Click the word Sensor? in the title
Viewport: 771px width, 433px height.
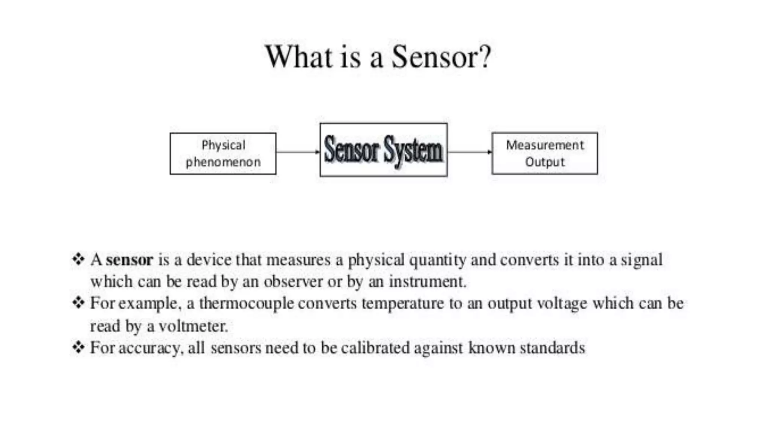click(x=441, y=57)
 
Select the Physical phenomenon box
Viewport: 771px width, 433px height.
click(x=223, y=153)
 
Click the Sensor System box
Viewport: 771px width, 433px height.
click(x=383, y=150)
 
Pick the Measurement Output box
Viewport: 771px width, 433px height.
click(x=544, y=153)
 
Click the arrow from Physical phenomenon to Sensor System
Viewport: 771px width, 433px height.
click(x=298, y=152)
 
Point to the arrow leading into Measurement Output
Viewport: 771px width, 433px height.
click(x=469, y=152)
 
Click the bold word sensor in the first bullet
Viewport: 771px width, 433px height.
click(x=129, y=260)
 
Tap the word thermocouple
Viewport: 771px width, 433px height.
click(x=246, y=303)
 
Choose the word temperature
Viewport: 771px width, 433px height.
click(x=403, y=303)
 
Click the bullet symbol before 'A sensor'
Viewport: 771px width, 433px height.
click(x=78, y=259)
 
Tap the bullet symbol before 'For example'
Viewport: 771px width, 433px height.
click(x=78, y=303)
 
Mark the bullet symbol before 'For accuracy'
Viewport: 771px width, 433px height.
click(x=78, y=347)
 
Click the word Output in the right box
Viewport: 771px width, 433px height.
click(x=545, y=162)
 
